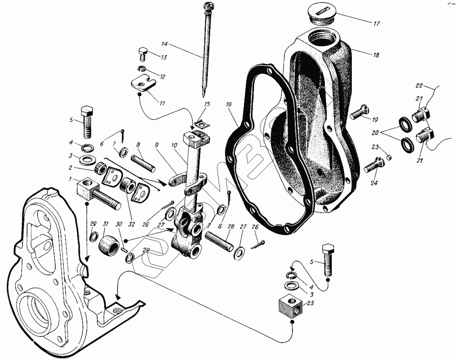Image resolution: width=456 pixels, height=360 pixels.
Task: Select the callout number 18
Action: point(376,55)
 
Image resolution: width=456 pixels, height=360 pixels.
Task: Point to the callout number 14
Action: point(164,44)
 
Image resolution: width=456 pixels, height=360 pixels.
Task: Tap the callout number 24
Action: point(374,183)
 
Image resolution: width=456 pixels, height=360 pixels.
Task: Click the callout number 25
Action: point(311,303)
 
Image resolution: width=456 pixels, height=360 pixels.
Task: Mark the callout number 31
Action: point(105,223)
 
